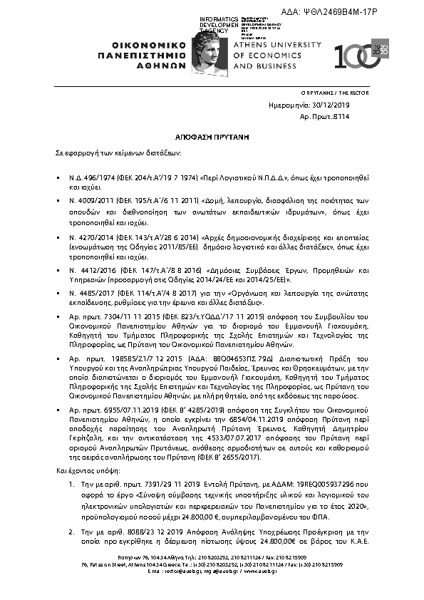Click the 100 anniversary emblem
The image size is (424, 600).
pyautogui.click(x=363, y=55)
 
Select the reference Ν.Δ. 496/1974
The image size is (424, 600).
pyautogui.click(x=89, y=175)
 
